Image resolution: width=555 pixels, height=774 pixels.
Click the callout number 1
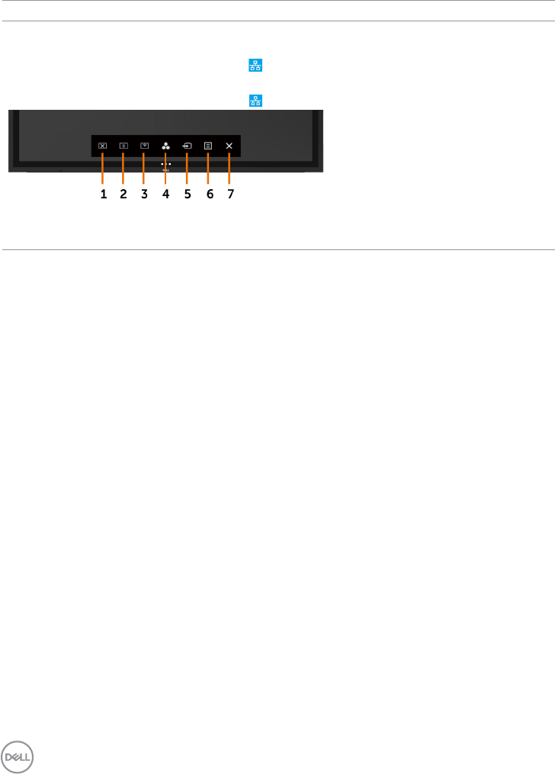(x=104, y=194)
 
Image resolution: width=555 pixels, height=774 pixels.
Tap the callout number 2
(x=124, y=194)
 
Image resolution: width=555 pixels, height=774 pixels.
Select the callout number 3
(x=144, y=194)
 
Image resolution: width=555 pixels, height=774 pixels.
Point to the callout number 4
(x=165, y=194)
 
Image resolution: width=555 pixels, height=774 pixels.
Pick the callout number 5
(x=187, y=194)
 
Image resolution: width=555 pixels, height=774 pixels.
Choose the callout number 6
(x=210, y=194)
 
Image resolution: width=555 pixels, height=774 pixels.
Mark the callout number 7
(x=230, y=194)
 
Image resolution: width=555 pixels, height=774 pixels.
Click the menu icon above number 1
(x=102, y=143)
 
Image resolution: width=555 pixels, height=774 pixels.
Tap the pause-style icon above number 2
(x=123, y=143)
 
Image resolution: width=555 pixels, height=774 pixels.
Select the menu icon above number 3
(x=143, y=143)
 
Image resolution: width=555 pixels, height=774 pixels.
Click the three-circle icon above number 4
(x=165, y=143)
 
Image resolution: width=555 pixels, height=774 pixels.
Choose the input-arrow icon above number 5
(x=186, y=143)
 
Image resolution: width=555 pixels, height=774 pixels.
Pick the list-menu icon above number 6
(x=207, y=143)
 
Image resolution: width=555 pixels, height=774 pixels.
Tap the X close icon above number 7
(x=229, y=143)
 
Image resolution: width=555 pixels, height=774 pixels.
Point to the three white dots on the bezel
(x=165, y=164)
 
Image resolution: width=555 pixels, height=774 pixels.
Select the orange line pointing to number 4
(x=165, y=172)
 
